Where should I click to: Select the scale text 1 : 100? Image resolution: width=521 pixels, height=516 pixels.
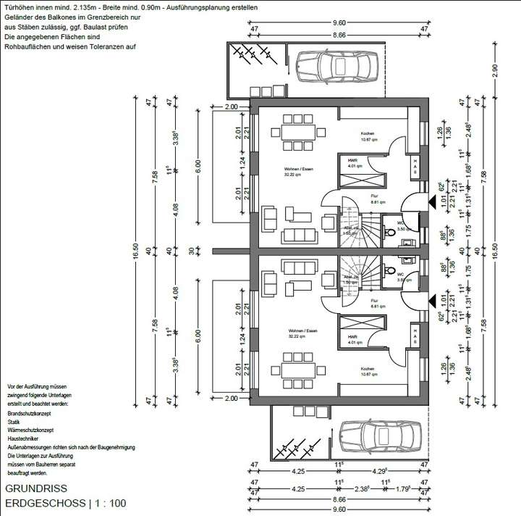[x=111, y=503]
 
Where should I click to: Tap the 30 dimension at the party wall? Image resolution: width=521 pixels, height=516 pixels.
[x=192, y=251]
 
